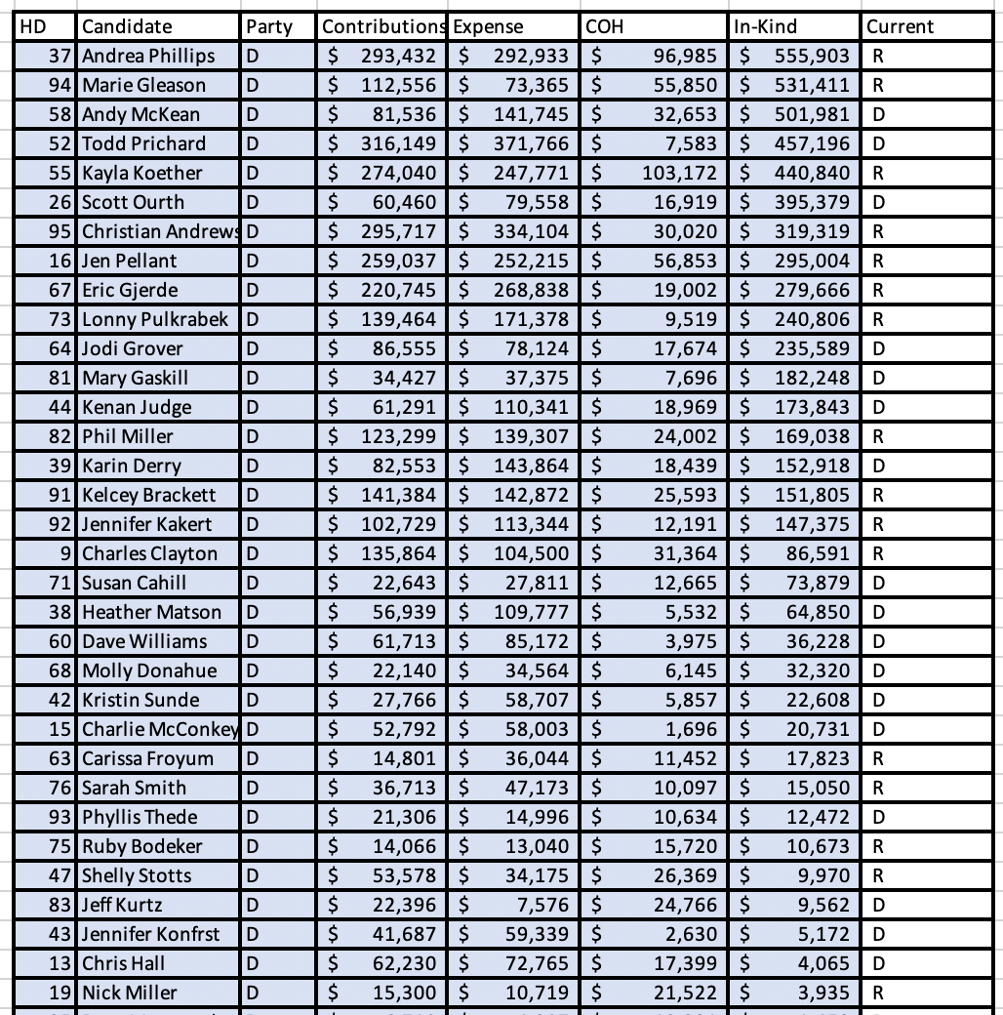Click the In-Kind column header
point(765,27)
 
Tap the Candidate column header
point(127,27)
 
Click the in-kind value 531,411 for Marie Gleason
point(812,85)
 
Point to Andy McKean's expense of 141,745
point(531,114)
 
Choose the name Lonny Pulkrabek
point(155,319)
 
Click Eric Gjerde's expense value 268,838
point(531,290)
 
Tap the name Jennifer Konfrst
point(151,934)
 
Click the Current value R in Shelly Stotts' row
point(879,875)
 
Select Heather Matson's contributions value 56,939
point(404,612)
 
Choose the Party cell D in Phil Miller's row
point(253,436)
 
